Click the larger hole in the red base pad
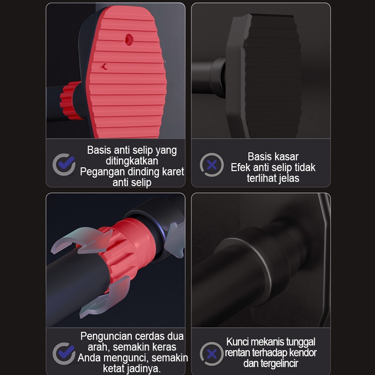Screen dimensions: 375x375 129,39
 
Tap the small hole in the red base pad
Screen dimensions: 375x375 105,67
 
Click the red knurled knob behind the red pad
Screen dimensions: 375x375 69,100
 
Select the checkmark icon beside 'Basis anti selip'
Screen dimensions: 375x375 64,165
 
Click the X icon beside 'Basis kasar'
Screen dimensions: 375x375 212,165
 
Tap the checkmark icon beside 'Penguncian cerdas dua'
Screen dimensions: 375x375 64,353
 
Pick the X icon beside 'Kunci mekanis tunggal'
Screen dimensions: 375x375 212,354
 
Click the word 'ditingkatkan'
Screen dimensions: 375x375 132,161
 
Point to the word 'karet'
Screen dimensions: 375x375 173,172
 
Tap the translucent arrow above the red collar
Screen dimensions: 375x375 81,240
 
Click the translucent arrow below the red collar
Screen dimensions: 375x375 105,298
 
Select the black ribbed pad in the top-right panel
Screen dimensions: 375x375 273,75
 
